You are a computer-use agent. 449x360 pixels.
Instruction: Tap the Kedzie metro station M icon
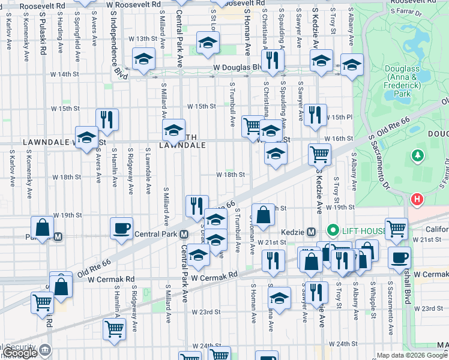pyautogui.click(x=312, y=232)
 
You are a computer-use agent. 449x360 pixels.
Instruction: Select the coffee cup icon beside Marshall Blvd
pyautogui.click(x=399, y=257)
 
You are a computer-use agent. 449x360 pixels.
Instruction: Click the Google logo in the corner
pyautogui.click(x=19, y=353)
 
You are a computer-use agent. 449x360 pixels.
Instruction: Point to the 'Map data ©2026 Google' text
pyautogui.click(x=412, y=355)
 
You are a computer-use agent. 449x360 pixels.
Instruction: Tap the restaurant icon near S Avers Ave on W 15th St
pyautogui.click(x=107, y=119)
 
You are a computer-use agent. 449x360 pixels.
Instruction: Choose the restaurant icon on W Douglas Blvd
pyautogui.click(x=273, y=60)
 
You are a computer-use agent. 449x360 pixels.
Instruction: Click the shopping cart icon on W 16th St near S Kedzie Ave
pyautogui.click(x=319, y=154)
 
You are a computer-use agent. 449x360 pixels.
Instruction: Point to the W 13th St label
pyautogui.click(x=146, y=38)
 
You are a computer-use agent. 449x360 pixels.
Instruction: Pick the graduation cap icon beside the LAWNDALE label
pyautogui.click(x=86, y=137)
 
